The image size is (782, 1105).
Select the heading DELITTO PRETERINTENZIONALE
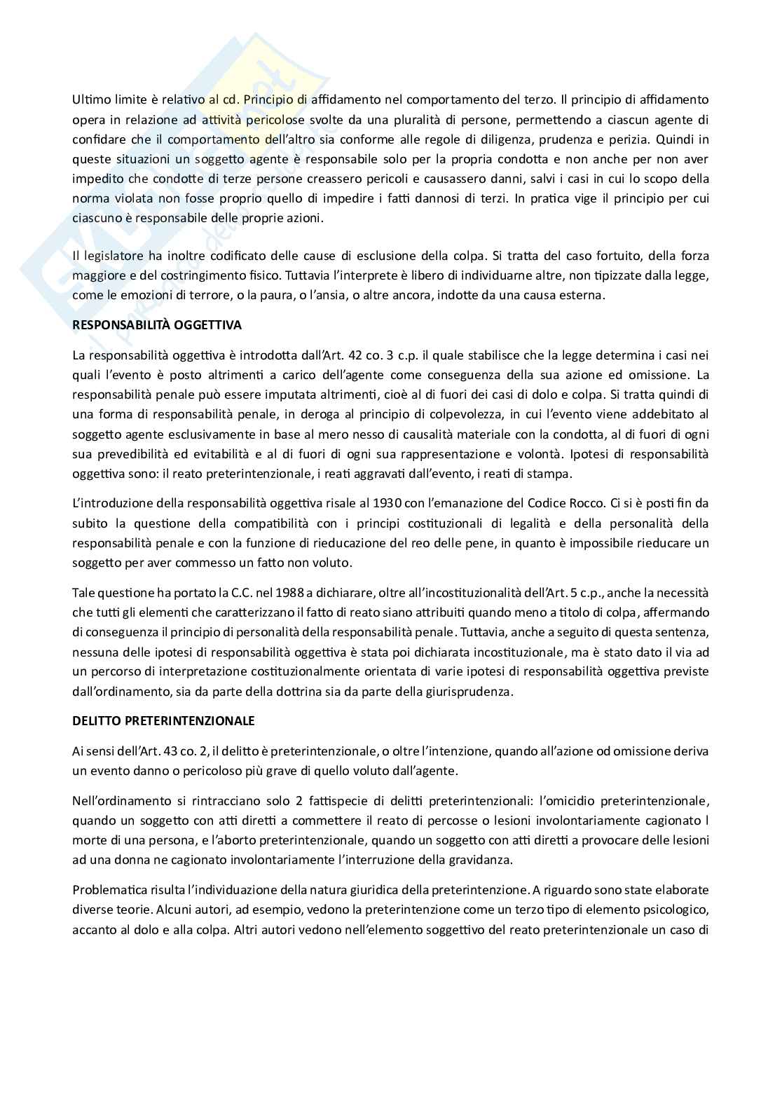(163, 720)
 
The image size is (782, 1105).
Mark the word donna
(129, 859)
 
